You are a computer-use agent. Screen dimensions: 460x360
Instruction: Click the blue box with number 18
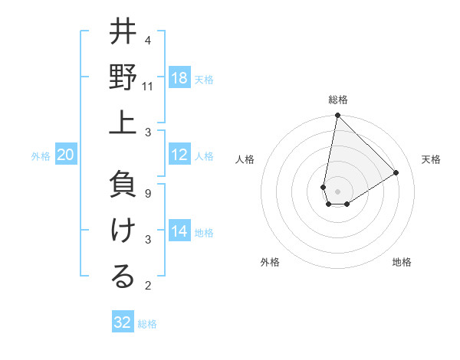179,78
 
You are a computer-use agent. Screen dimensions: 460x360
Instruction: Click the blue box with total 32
123,322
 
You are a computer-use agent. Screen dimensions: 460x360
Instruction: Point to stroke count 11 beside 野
148,87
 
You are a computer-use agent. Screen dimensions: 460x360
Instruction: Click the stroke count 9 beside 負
148,194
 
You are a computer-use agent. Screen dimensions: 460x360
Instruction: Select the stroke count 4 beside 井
148,41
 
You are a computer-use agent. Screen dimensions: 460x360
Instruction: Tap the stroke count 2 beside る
148,286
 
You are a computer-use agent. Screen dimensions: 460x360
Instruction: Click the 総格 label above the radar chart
338,100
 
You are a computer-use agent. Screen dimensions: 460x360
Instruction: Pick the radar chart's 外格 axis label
270,263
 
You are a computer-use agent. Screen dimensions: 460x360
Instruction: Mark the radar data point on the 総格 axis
337,116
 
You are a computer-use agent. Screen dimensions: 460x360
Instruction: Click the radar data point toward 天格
396,173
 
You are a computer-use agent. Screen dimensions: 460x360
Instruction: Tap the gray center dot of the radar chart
337,191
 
